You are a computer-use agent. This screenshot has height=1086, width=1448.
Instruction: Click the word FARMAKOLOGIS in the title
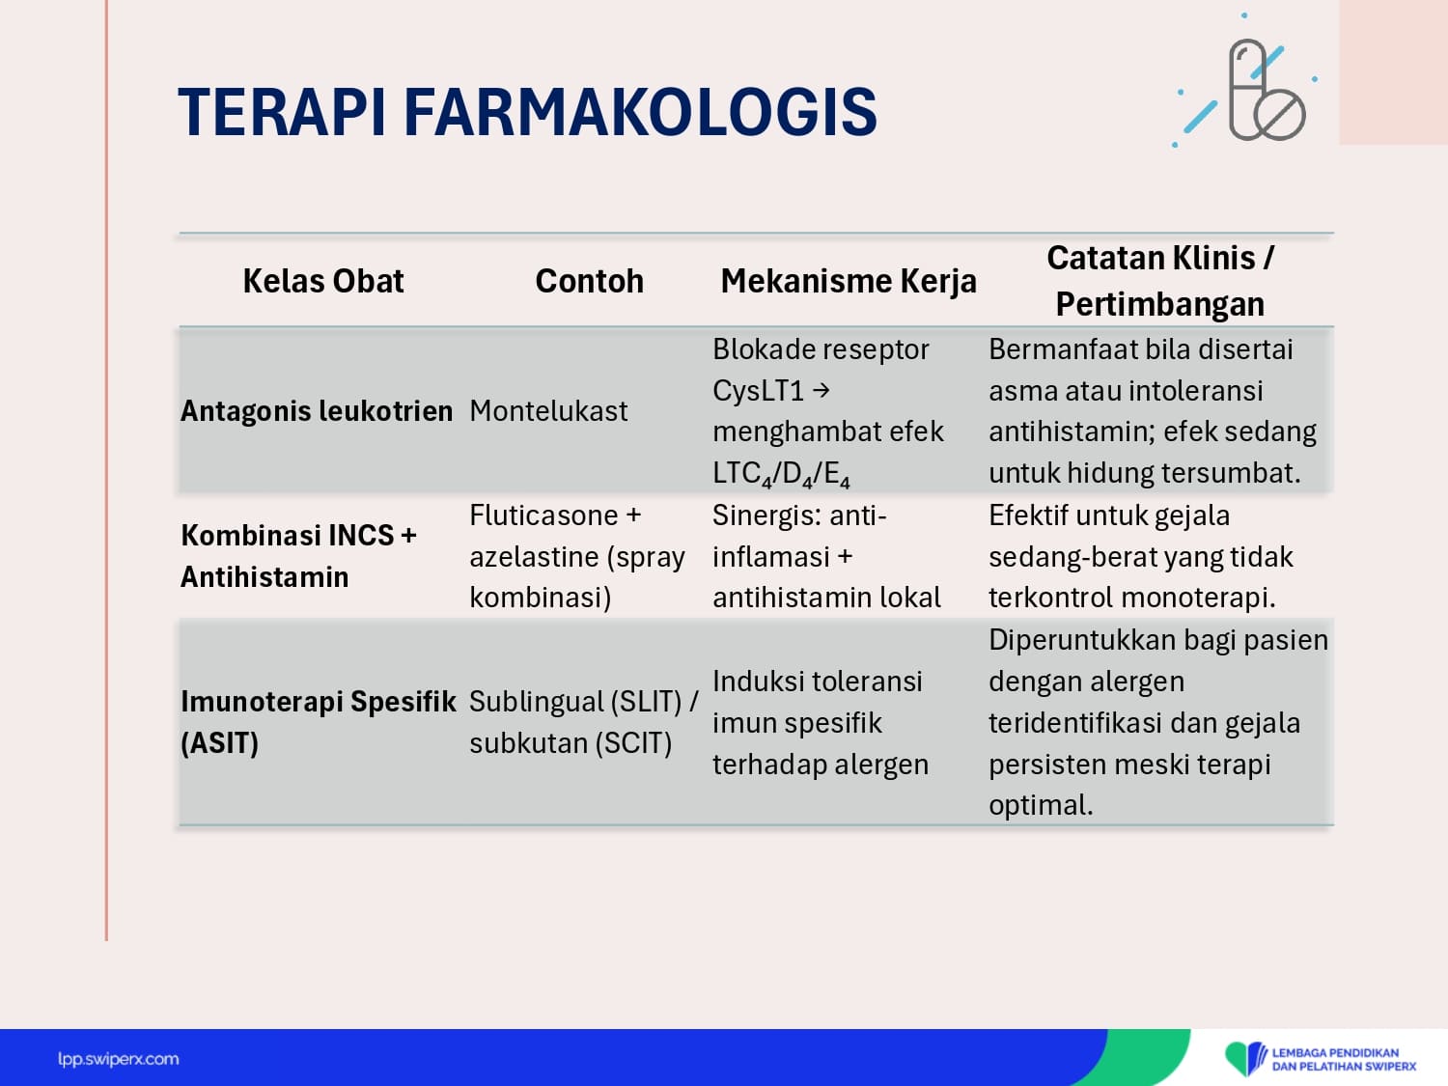tap(640, 112)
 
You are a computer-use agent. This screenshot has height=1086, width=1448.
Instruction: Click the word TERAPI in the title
tap(282, 112)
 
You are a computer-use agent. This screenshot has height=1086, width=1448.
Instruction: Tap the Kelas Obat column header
tap(323, 281)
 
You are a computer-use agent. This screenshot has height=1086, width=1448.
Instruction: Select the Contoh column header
tap(589, 281)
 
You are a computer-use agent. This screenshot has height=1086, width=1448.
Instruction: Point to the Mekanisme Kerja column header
tap(849, 282)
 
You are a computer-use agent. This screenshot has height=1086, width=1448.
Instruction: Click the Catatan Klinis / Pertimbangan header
tap(1160, 281)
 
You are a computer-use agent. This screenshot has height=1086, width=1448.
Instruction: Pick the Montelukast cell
tap(548, 411)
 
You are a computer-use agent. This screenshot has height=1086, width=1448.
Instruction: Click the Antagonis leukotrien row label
tap(317, 411)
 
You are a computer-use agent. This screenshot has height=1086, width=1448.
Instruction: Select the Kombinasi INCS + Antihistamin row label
tap(298, 556)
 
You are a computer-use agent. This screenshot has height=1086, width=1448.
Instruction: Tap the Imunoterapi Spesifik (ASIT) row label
tap(318, 722)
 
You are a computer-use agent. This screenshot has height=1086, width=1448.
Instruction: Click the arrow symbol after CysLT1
tap(821, 390)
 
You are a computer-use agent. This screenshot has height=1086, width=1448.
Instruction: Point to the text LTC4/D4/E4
tap(781, 474)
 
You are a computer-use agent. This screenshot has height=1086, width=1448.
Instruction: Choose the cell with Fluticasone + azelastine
tap(577, 556)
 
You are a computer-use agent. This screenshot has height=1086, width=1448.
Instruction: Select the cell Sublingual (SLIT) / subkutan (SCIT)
tap(584, 722)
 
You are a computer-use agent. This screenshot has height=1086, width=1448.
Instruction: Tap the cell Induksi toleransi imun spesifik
tap(821, 723)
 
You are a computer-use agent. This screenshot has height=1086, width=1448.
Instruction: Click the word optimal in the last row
tap(1041, 805)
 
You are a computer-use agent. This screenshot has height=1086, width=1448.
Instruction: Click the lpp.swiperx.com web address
tap(118, 1059)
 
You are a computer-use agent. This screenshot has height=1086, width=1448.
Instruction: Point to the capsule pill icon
tap(1247, 89)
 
